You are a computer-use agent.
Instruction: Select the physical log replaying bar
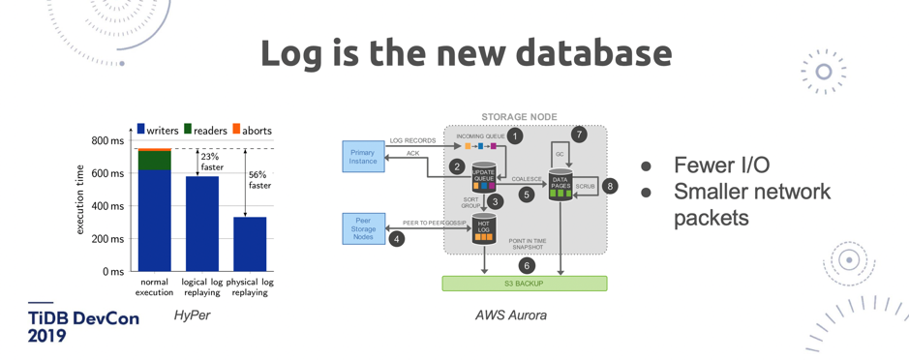coord(250,244)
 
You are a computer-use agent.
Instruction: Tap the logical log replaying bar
coord(202,224)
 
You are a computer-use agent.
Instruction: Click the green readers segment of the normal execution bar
coord(154,161)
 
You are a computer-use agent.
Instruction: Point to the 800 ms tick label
coord(106,141)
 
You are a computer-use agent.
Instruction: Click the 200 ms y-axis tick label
coord(106,239)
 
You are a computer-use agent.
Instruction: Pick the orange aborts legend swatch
coord(235,130)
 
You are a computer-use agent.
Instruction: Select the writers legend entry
coord(157,130)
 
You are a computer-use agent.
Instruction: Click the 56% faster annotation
coord(259,180)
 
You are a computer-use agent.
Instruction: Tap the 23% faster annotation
coord(210,162)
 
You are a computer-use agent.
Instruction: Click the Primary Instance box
coord(363,157)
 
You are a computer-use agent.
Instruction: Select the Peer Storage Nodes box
coord(364,229)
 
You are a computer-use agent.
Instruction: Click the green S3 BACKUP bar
coord(524,284)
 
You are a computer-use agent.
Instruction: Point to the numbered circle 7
coord(579,135)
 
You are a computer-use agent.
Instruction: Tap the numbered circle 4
coord(396,238)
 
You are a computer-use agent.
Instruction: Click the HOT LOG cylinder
coord(484,229)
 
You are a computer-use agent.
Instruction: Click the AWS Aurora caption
coord(510,315)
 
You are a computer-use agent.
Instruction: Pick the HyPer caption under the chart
coord(192,315)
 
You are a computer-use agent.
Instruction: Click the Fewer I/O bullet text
coord(721,165)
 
